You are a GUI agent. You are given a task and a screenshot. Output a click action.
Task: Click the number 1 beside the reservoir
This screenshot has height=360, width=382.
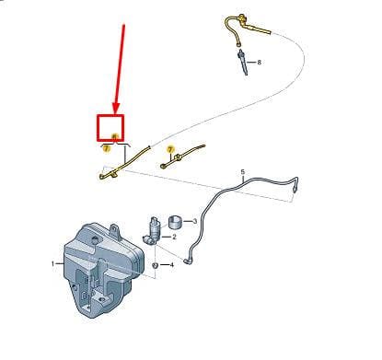52,263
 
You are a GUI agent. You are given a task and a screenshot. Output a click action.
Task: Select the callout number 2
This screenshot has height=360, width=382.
174,237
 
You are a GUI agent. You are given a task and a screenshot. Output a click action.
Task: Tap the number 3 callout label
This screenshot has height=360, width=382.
194,221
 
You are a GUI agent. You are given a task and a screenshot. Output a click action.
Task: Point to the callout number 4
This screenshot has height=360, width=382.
171,264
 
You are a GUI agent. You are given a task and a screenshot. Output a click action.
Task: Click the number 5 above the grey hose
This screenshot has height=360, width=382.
243,172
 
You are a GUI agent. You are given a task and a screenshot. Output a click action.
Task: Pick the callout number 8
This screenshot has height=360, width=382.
260,63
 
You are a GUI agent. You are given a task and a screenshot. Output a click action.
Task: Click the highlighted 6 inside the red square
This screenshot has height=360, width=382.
115,136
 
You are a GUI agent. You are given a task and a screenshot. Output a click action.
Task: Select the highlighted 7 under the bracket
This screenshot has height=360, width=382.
107,148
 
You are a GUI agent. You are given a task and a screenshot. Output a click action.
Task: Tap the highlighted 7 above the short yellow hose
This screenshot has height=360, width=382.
170,150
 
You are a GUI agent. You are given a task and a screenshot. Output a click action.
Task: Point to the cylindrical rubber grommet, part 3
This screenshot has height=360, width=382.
176,222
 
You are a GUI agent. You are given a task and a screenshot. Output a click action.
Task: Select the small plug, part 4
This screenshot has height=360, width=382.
156,265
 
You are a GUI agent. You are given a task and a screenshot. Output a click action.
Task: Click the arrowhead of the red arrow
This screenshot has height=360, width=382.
116,108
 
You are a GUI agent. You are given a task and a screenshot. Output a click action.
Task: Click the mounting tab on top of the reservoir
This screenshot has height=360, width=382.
115,231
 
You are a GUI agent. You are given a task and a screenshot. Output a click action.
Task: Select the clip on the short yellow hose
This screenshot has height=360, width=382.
178,158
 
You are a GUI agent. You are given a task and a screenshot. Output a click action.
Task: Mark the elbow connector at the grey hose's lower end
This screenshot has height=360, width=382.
187,261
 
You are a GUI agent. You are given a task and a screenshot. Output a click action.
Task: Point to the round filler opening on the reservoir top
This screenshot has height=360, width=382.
95,238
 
